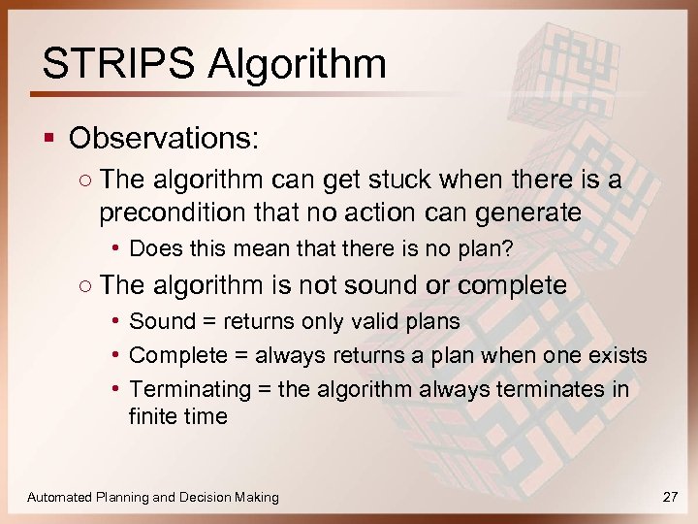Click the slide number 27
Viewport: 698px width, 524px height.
669,497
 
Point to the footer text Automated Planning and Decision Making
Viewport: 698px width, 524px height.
153,497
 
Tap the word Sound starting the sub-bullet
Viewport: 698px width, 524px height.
160,321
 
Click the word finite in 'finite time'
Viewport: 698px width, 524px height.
153,416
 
